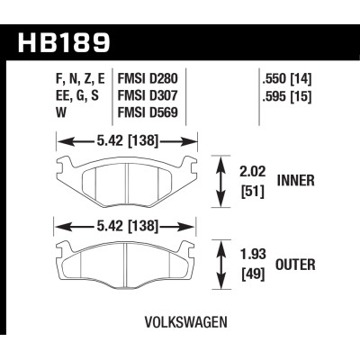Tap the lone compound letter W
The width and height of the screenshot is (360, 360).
[59, 113]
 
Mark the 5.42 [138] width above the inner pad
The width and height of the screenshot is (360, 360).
[126, 141]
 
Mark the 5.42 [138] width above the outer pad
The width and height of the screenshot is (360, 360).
[126, 224]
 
